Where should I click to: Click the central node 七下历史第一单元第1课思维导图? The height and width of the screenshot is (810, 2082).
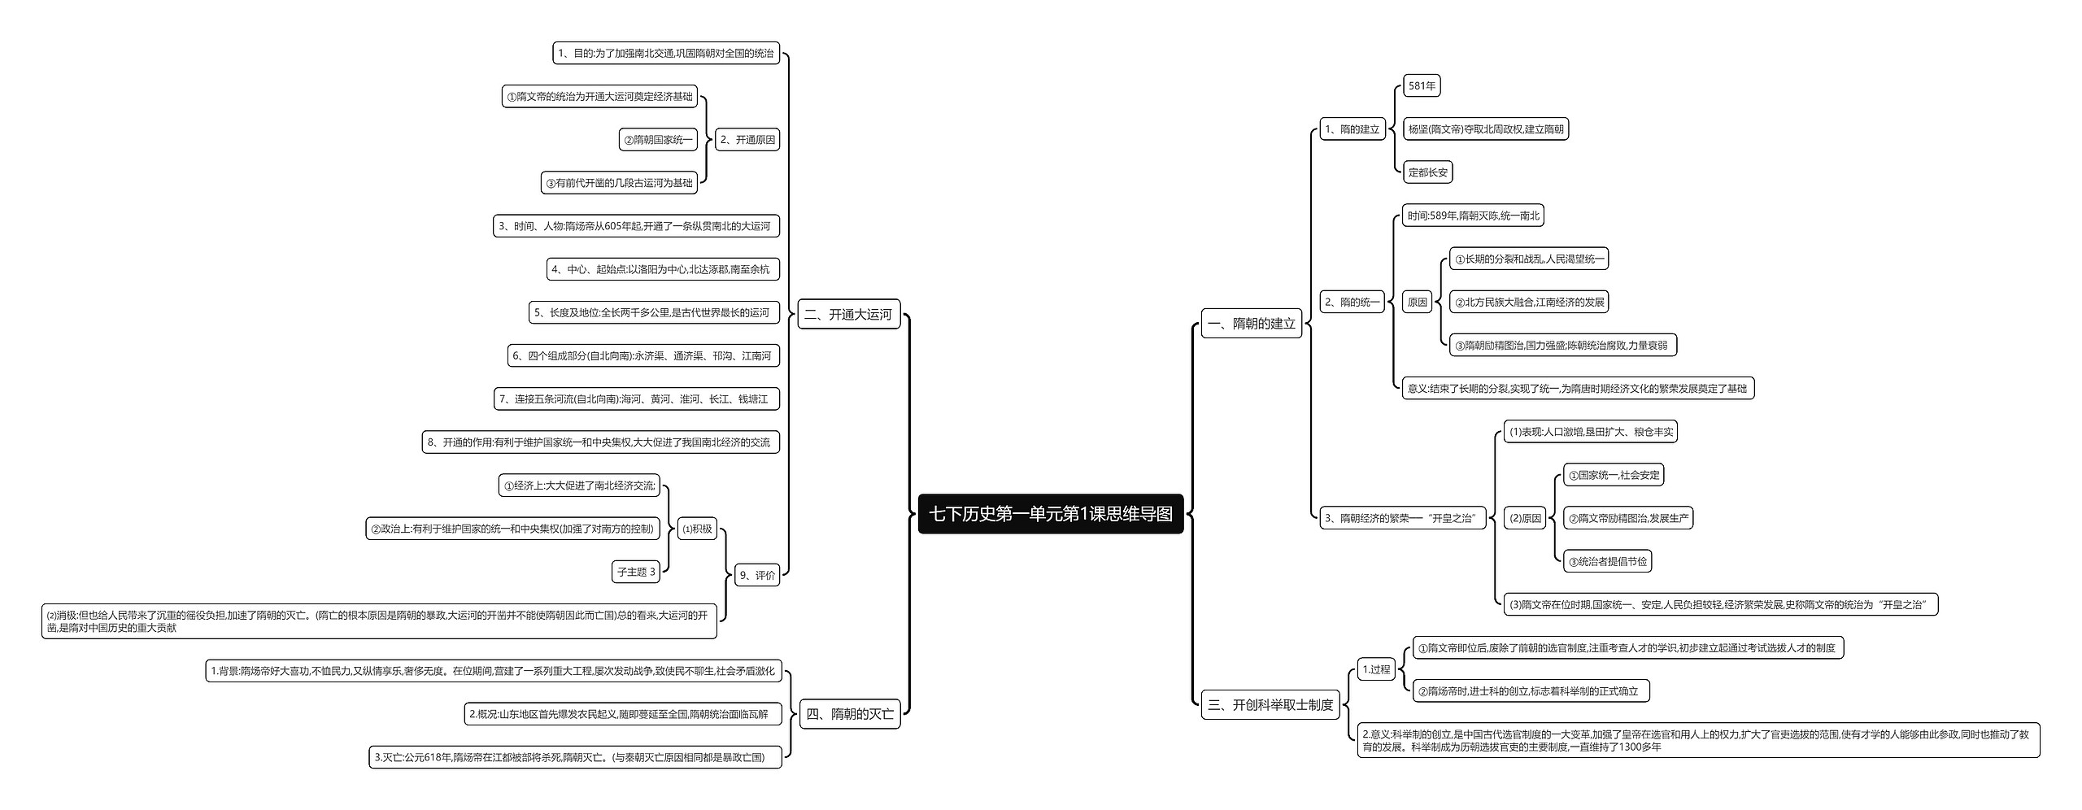pyautogui.click(x=1050, y=514)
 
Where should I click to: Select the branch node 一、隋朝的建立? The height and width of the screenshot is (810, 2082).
pyautogui.click(x=1251, y=324)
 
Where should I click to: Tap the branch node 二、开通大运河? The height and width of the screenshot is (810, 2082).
pyautogui.click(x=848, y=314)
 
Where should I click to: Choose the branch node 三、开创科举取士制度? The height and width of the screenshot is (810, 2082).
pyautogui.click(x=1270, y=704)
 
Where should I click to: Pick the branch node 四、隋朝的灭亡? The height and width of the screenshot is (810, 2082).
pyautogui.click(x=849, y=714)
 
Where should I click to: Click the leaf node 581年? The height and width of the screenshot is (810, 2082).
pyautogui.click(x=1422, y=85)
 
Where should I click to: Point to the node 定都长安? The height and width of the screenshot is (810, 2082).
pyautogui.click(x=1427, y=172)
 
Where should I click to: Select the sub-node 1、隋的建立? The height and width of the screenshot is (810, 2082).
pyautogui.click(x=1352, y=128)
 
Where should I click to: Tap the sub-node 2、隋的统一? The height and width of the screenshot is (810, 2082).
pyautogui.click(x=1352, y=302)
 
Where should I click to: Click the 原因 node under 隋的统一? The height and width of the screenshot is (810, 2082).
pyautogui.click(x=1417, y=302)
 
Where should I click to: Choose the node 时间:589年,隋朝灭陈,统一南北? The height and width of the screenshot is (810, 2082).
pyautogui.click(x=1473, y=216)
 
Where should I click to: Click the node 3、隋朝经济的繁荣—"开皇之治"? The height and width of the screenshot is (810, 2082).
pyautogui.click(x=1402, y=518)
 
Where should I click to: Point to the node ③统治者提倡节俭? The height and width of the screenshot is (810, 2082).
pyautogui.click(x=1607, y=561)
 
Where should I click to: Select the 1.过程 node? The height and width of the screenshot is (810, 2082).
pyautogui.click(x=1376, y=669)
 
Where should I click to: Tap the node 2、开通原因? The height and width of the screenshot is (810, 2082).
pyautogui.click(x=747, y=139)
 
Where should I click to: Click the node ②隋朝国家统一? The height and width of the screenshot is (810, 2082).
pyautogui.click(x=658, y=139)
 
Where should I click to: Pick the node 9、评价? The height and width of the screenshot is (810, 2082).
pyautogui.click(x=756, y=575)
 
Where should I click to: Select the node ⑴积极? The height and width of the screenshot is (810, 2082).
pyautogui.click(x=696, y=529)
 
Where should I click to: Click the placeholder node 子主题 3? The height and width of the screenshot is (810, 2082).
pyautogui.click(x=635, y=572)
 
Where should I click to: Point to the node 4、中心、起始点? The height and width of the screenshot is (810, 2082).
pyautogui.click(x=660, y=269)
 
